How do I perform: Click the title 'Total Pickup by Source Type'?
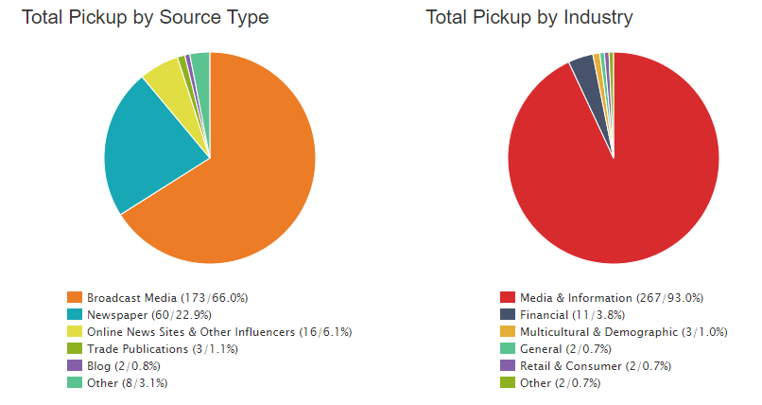point(145,18)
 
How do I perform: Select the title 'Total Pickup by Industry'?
point(529,18)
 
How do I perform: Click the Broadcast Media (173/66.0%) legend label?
point(166,297)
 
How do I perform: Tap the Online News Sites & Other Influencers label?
point(219,331)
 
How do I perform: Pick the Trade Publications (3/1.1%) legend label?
point(162,348)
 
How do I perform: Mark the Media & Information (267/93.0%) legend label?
point(611,297)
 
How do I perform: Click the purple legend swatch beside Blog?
point(74,365)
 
